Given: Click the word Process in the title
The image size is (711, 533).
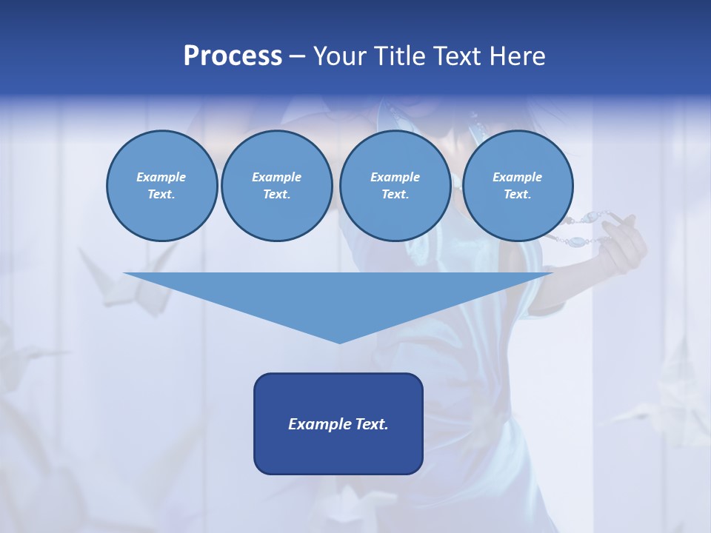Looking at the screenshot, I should point(233,56).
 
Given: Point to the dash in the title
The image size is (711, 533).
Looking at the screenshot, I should point(297,57).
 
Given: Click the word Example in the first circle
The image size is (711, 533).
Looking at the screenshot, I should point(161,177).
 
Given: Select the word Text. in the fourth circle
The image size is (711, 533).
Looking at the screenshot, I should point(517,194).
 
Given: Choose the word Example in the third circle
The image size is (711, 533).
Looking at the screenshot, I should point(395,177).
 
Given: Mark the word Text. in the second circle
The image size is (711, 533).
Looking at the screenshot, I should point(276,194).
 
